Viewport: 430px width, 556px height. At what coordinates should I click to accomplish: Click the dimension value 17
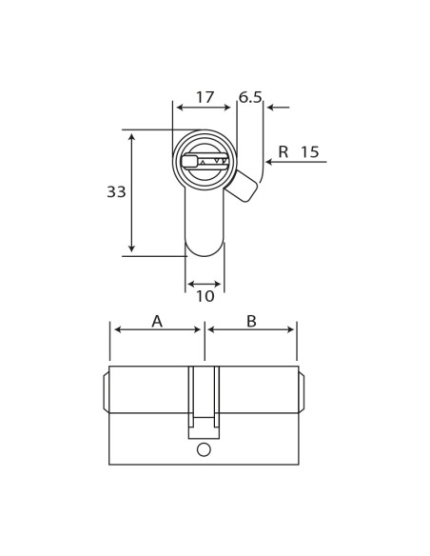pos(205,97)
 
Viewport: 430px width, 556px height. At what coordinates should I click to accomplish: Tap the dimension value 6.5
pos(250,97)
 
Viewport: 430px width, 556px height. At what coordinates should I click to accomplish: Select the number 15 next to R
pos(310,152)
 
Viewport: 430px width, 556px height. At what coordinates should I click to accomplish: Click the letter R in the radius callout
pos(283,152)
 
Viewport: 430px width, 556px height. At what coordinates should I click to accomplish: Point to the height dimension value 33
pos(116,192)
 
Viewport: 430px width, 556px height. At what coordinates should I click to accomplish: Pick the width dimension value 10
pos(205,297)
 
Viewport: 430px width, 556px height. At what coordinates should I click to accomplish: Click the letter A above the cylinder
pos(157,322)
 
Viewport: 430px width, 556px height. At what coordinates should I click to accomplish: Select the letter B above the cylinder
pos(251,322)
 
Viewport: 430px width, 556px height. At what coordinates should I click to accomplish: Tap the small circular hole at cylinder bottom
pos(204,449)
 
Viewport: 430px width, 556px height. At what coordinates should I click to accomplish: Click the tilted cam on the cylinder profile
pos(242,186)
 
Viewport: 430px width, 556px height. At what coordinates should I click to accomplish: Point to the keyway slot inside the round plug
pos(205,161)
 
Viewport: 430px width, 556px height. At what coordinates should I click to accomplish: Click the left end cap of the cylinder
pos(106,392)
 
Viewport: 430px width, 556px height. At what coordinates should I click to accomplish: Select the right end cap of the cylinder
pos(302,392)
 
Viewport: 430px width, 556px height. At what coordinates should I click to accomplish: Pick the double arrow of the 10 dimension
pos(205,284)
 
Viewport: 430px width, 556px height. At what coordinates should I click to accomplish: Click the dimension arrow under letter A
pos(157,330)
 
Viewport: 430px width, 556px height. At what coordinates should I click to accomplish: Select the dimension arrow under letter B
pos(251,330)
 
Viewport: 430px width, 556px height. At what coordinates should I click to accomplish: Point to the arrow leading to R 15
pos(295,162)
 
